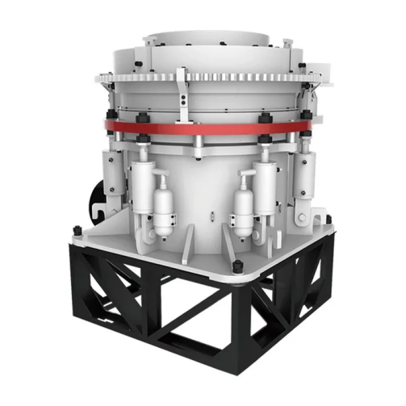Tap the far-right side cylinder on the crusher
click(306, 174)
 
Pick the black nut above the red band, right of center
click(263, 118)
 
